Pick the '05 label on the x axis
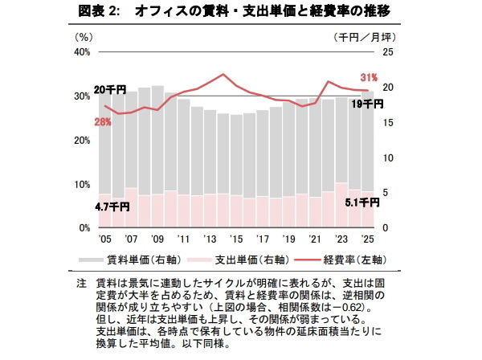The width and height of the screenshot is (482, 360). tap(104, 239)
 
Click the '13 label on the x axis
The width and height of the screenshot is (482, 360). tap(210, 239)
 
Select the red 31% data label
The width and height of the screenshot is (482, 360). tap(369, 77)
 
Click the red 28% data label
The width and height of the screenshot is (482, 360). tap(103, 121)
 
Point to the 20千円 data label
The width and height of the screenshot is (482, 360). tap(109, 89)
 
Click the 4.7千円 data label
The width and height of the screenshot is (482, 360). tap(112, 206)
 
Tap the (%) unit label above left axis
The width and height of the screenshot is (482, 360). tap(84, 36)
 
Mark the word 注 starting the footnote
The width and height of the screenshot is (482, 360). tap(81, 284)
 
